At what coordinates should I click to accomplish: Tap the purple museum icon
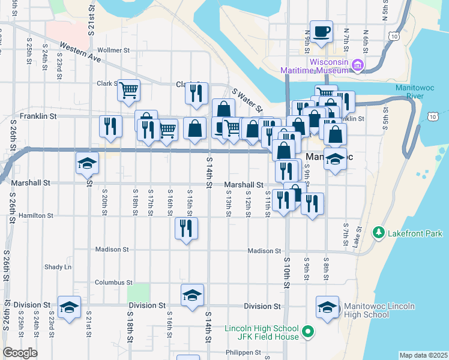tap(358, 64)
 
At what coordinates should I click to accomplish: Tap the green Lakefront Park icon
tap(378, 232)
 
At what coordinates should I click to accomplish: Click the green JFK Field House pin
tap(308, 330)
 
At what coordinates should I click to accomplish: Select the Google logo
tap(20, 353)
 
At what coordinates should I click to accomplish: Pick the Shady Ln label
tap(58, 266)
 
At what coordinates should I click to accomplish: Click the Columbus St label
tap(113, 282)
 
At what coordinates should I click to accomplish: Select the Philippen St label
tap(241, 352)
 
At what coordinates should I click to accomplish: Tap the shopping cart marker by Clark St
tap(129, 91)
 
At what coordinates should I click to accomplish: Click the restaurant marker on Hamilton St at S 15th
tap(186, 228)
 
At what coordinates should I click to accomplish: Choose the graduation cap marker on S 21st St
tap(87, 163)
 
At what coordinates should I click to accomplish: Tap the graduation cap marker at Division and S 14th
tap(192, 295)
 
